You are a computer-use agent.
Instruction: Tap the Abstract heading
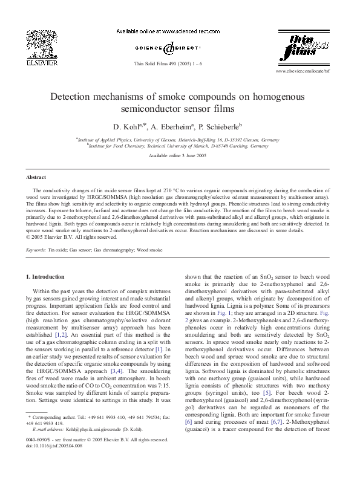[x=35, y=177]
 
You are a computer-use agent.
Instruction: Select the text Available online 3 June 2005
[x=180, y=156]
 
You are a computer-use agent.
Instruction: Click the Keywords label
[x=36, y=249]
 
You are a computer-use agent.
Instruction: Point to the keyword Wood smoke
[x=149, y=249]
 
